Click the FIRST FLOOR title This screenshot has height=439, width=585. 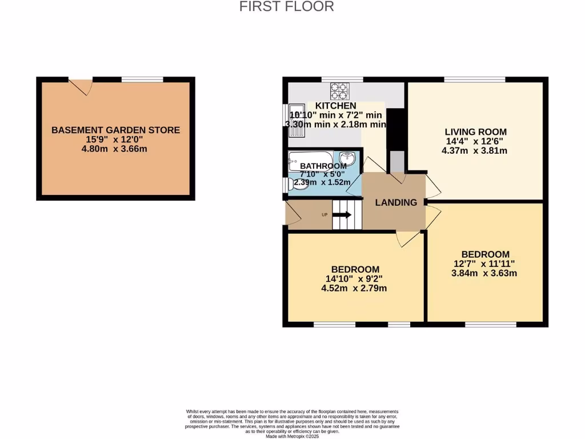coord(286,7)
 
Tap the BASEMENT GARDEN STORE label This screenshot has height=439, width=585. coord(115,130)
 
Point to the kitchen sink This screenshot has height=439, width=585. coord(297,121)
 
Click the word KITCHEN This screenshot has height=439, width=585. coord(336,106)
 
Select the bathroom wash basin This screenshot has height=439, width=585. coord(348,158)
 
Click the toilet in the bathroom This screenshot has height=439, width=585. coord(296,183)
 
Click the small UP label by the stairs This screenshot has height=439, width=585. coord(324,215)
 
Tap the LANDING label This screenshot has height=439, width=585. coord(395,202)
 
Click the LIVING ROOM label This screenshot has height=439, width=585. coord(475,132)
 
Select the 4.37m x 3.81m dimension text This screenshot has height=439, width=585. coord(475,151)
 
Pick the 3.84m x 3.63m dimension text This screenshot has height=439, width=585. coord(485,273)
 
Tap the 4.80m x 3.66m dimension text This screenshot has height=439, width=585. coord(115,149)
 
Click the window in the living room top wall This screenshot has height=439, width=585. coord(474,79)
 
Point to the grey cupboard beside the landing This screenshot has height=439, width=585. coord(396,161)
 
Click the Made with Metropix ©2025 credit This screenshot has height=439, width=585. coord(292,436)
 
